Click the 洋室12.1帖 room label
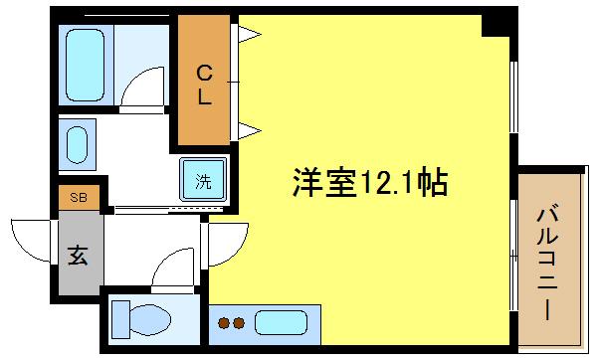[369, 183]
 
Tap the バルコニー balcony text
[547, 259]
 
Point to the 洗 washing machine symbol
[203, 182]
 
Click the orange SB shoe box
[76, 197]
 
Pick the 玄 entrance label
[77, 255]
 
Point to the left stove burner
[224, 322]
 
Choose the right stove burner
[239, 322]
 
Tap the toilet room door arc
[174, 264]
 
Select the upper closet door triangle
[248, 36]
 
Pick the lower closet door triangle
[248, 129]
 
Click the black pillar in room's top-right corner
[495, 26]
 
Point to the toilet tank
[120, 320]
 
